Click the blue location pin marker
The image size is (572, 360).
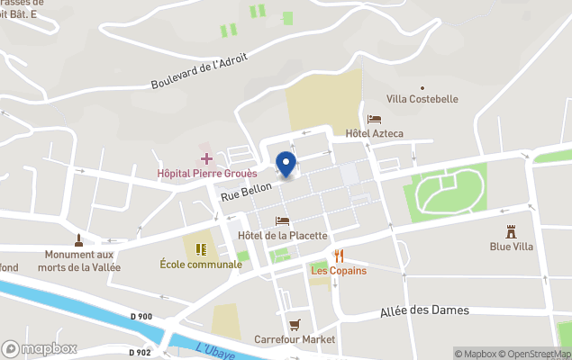[x=286, y=163]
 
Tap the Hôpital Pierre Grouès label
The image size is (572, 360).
[x=206, y=173]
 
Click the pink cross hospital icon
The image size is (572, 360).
[x=206, y=157]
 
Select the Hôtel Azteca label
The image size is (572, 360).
[x=375, y=134]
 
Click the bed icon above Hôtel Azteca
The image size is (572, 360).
[x=375, y=119]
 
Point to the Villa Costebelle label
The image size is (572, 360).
[x=422, y=98]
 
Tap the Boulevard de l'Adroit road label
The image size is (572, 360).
[x=199, y=72]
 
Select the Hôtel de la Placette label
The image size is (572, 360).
[x=282, y=236]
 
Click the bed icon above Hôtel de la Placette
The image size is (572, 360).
[x=282, y=220]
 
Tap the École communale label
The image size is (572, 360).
[x=201, y=264]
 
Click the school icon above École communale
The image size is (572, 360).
[x=201, y=247]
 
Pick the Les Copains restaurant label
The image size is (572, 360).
[x=339, y=271]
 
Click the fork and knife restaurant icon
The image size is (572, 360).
[x=339, y=256]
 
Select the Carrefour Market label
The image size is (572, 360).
[x=295, y=339]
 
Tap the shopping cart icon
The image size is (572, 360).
[x=294, y=324]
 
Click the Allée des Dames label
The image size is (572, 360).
[x=424, y=310]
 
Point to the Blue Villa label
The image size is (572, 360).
[x=511, y=247]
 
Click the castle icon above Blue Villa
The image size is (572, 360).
[x=511, y=231]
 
